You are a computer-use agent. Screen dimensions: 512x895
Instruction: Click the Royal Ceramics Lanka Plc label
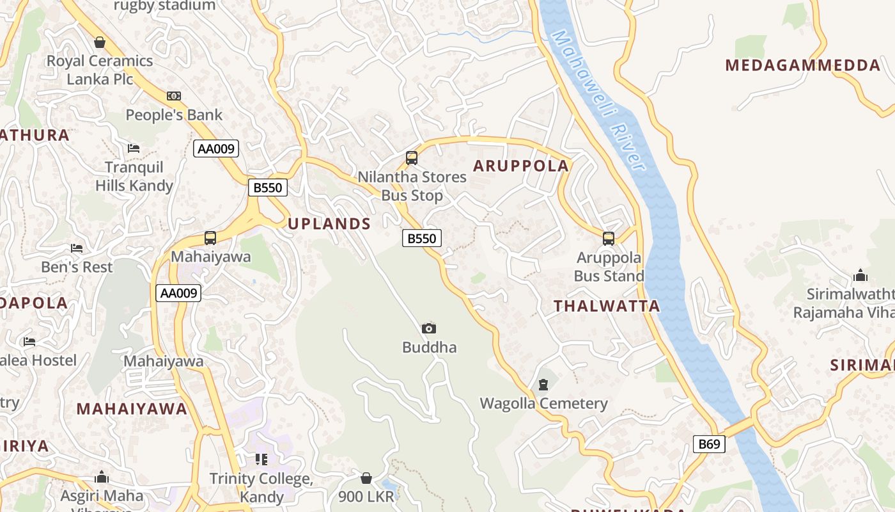pyautogui.click(x=100, y=70)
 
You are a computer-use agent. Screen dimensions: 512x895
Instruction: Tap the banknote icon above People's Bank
pyautogui.click(x=173, y=96)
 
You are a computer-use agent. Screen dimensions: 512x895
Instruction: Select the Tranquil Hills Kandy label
pyautogui.click(x=134, y=177)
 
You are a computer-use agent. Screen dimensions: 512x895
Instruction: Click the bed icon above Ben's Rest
pyautogui.click(x=77, y=248)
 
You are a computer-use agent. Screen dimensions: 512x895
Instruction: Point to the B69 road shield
pyautogui.click(x=709, y=444)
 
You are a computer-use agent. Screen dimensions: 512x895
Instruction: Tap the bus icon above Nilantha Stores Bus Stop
pyautogui.click(x=412, y=157)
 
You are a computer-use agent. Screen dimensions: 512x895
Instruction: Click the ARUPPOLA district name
pyautogui.click(x=520, y=166)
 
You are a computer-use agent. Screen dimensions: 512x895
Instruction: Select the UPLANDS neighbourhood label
pyautogui.click(x=329, y=223)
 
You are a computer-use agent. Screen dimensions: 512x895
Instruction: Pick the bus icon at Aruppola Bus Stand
pyautogui.click(x=609, y=239)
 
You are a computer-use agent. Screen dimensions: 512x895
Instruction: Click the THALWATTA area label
pyautogui.click(x=607, y=306)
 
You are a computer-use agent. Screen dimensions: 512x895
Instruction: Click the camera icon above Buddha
pyautogui.click(x=429, y=329)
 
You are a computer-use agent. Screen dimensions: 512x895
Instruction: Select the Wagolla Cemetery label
pyautogui.click(x=543, y=404)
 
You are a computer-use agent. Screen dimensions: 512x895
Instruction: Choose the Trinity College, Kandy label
pyautogui.click(x=261, y=488)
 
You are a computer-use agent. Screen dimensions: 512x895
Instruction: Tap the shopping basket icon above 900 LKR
pyautogui.click(x=366, y=478)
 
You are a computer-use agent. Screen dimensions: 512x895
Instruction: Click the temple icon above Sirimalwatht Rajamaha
pyautogui.click(x=860, y=276)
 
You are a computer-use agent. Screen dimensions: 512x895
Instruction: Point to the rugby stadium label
pyautogui.click(x=164, y=6)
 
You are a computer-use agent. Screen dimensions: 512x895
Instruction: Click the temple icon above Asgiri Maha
pyautogui.click(x=102, y=477)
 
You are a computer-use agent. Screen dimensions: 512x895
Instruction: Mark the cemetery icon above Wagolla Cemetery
pyautogui.click(x=543, y=385)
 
